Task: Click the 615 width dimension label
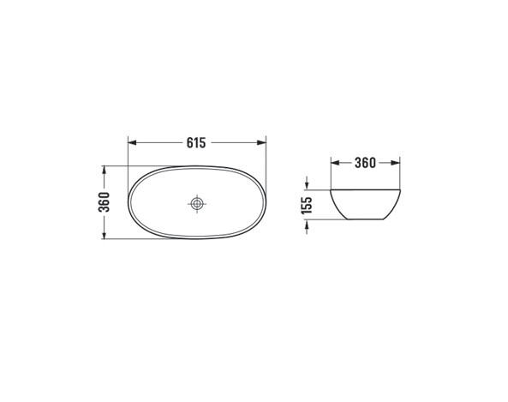coord(196,142)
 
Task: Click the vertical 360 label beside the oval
coord(104,202)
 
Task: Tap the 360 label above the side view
coord(365,163)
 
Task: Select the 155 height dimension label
coord(307,205)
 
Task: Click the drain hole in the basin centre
coord(197,204)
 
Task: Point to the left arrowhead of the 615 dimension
coord(132,142)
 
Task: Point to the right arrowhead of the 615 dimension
coord(261,142)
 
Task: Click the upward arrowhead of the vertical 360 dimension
coord(104,170)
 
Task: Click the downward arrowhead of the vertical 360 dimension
coord(104,235)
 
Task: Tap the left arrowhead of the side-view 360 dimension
coord(335,163)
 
